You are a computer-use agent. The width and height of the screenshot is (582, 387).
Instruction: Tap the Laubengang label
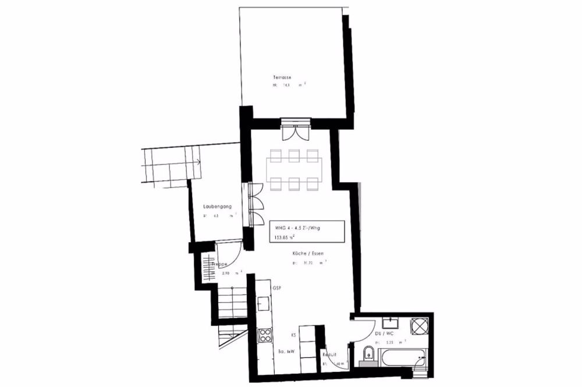(x=218, y=207)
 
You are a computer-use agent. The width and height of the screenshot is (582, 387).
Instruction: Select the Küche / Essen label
(x=308, y=254)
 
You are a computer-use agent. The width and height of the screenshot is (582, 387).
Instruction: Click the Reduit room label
(x=331, y=354)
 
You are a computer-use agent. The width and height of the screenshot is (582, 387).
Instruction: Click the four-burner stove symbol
(x=265, y=336)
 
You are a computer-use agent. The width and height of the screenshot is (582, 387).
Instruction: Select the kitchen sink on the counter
(x=263, y=303)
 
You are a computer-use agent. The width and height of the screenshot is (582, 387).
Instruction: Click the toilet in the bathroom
(x=367, y=356)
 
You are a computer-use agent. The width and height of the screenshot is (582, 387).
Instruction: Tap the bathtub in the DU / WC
(x=402, y=357)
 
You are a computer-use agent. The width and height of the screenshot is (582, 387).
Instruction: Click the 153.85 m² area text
(x=285, y=237)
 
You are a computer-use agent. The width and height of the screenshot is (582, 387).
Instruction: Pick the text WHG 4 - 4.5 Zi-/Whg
(x=297, y=228)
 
